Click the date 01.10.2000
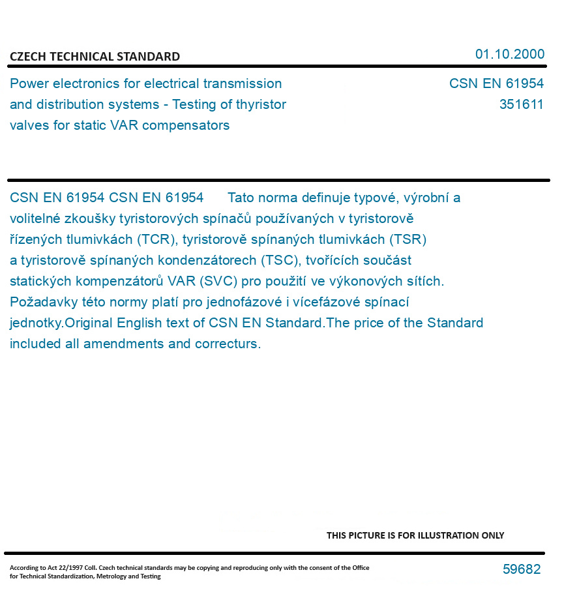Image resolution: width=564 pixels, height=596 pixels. (509, 54)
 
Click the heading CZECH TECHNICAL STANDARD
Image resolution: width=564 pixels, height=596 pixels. (95, 57)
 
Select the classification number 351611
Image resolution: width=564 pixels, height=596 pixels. (521, 104)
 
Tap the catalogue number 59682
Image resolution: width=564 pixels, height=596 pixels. (521, 569)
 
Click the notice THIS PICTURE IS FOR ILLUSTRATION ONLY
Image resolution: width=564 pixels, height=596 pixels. (415, 535)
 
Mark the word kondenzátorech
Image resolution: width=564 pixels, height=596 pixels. (209, 260)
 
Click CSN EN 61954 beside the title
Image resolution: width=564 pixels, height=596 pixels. (496, 83)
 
